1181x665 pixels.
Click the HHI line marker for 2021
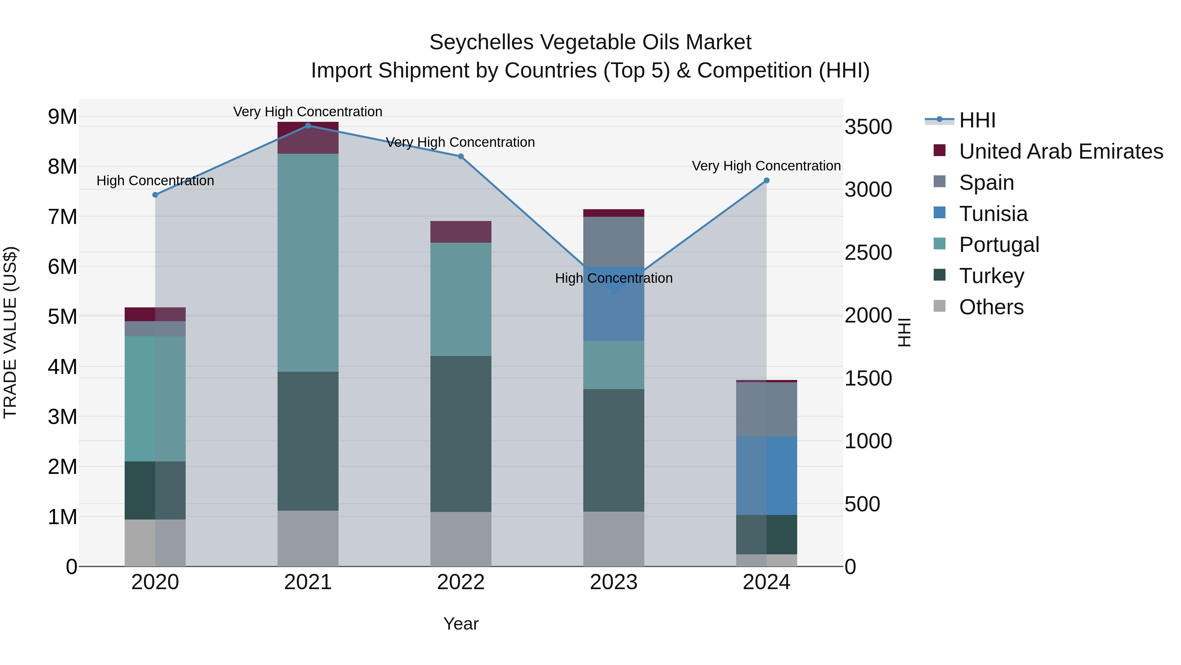pos(308,125)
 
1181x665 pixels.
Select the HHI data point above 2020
pos(155,195)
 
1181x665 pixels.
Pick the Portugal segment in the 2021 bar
pos(308,262)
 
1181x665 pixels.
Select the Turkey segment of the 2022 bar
pos(461,434)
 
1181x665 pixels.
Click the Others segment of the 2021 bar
pos(308,538)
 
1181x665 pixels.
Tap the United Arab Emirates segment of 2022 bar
pos(461,232)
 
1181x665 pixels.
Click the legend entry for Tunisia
pos(993,214)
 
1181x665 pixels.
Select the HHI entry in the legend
pos(977,120)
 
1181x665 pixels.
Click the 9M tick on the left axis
pos(63,117)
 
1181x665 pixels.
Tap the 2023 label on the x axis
pos(613,582)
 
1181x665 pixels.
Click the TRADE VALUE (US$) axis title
pos(10,332)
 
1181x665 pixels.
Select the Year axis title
pos(461,624)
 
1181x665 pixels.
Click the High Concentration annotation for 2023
pos(613,278)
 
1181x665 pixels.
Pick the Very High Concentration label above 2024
pos(766,166)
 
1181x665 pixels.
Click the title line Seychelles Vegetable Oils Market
pos(590,42)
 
